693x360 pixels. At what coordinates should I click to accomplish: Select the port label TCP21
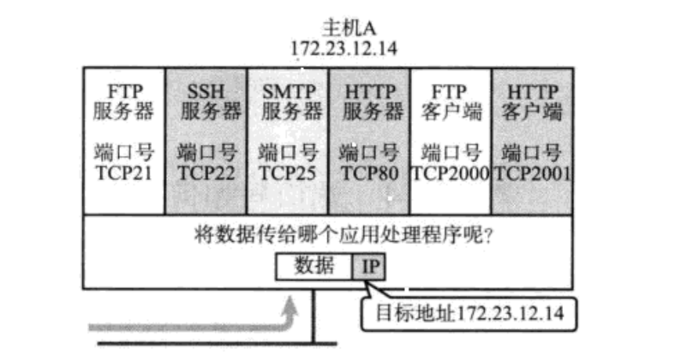(x=124, y=172)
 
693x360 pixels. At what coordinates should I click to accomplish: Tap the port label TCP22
(x=206, y=172)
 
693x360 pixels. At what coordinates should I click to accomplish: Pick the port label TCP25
(x=287, y=172)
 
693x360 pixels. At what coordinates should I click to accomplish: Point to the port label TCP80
(x=369, y=172)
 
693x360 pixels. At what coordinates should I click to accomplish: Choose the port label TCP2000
(x=450, y=172)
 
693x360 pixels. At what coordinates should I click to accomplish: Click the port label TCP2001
(x=532, y=172)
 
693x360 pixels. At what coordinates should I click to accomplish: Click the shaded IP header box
(x=370, y=267)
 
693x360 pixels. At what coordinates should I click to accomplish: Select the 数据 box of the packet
(x=314, y=267)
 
